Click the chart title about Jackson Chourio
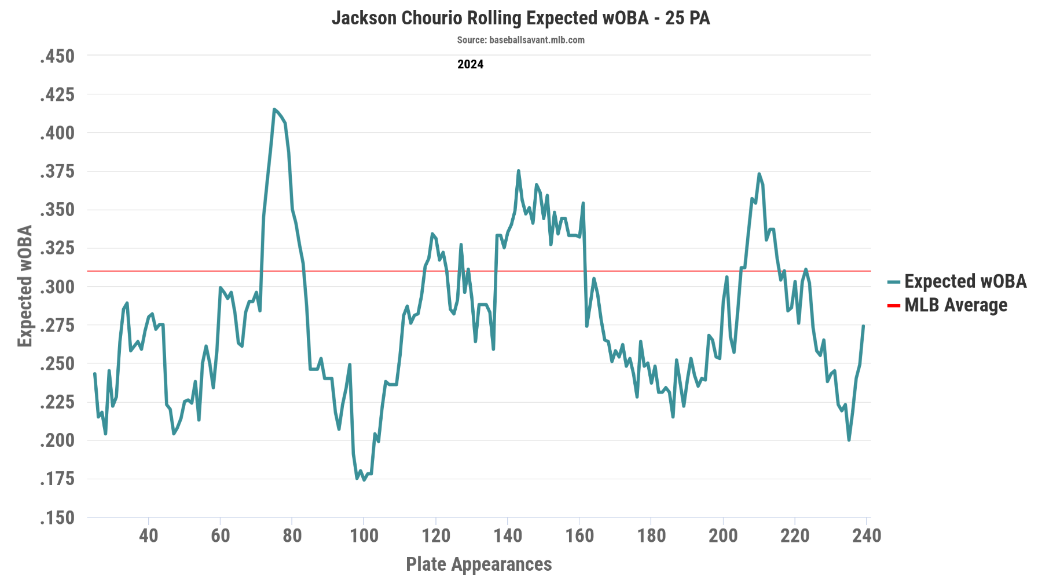[520, 18]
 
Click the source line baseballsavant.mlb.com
[520, 40]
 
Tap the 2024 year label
[470, 64]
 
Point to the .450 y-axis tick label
[57, 56]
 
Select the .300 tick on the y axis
[57, 287]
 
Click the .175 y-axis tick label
[57, 479]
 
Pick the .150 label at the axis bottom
[57, 517]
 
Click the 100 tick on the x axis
[364, 535]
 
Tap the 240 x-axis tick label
[866, 535]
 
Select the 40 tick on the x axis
[149, 535]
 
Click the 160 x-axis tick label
[579, 535]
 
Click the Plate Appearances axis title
[479, 564]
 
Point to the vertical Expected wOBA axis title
[25, 286]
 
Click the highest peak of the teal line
[274, 109]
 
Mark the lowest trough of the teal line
[364, 480]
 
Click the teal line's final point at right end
[863, 326]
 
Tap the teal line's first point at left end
[95, 373]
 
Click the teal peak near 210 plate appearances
[759, 173]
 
